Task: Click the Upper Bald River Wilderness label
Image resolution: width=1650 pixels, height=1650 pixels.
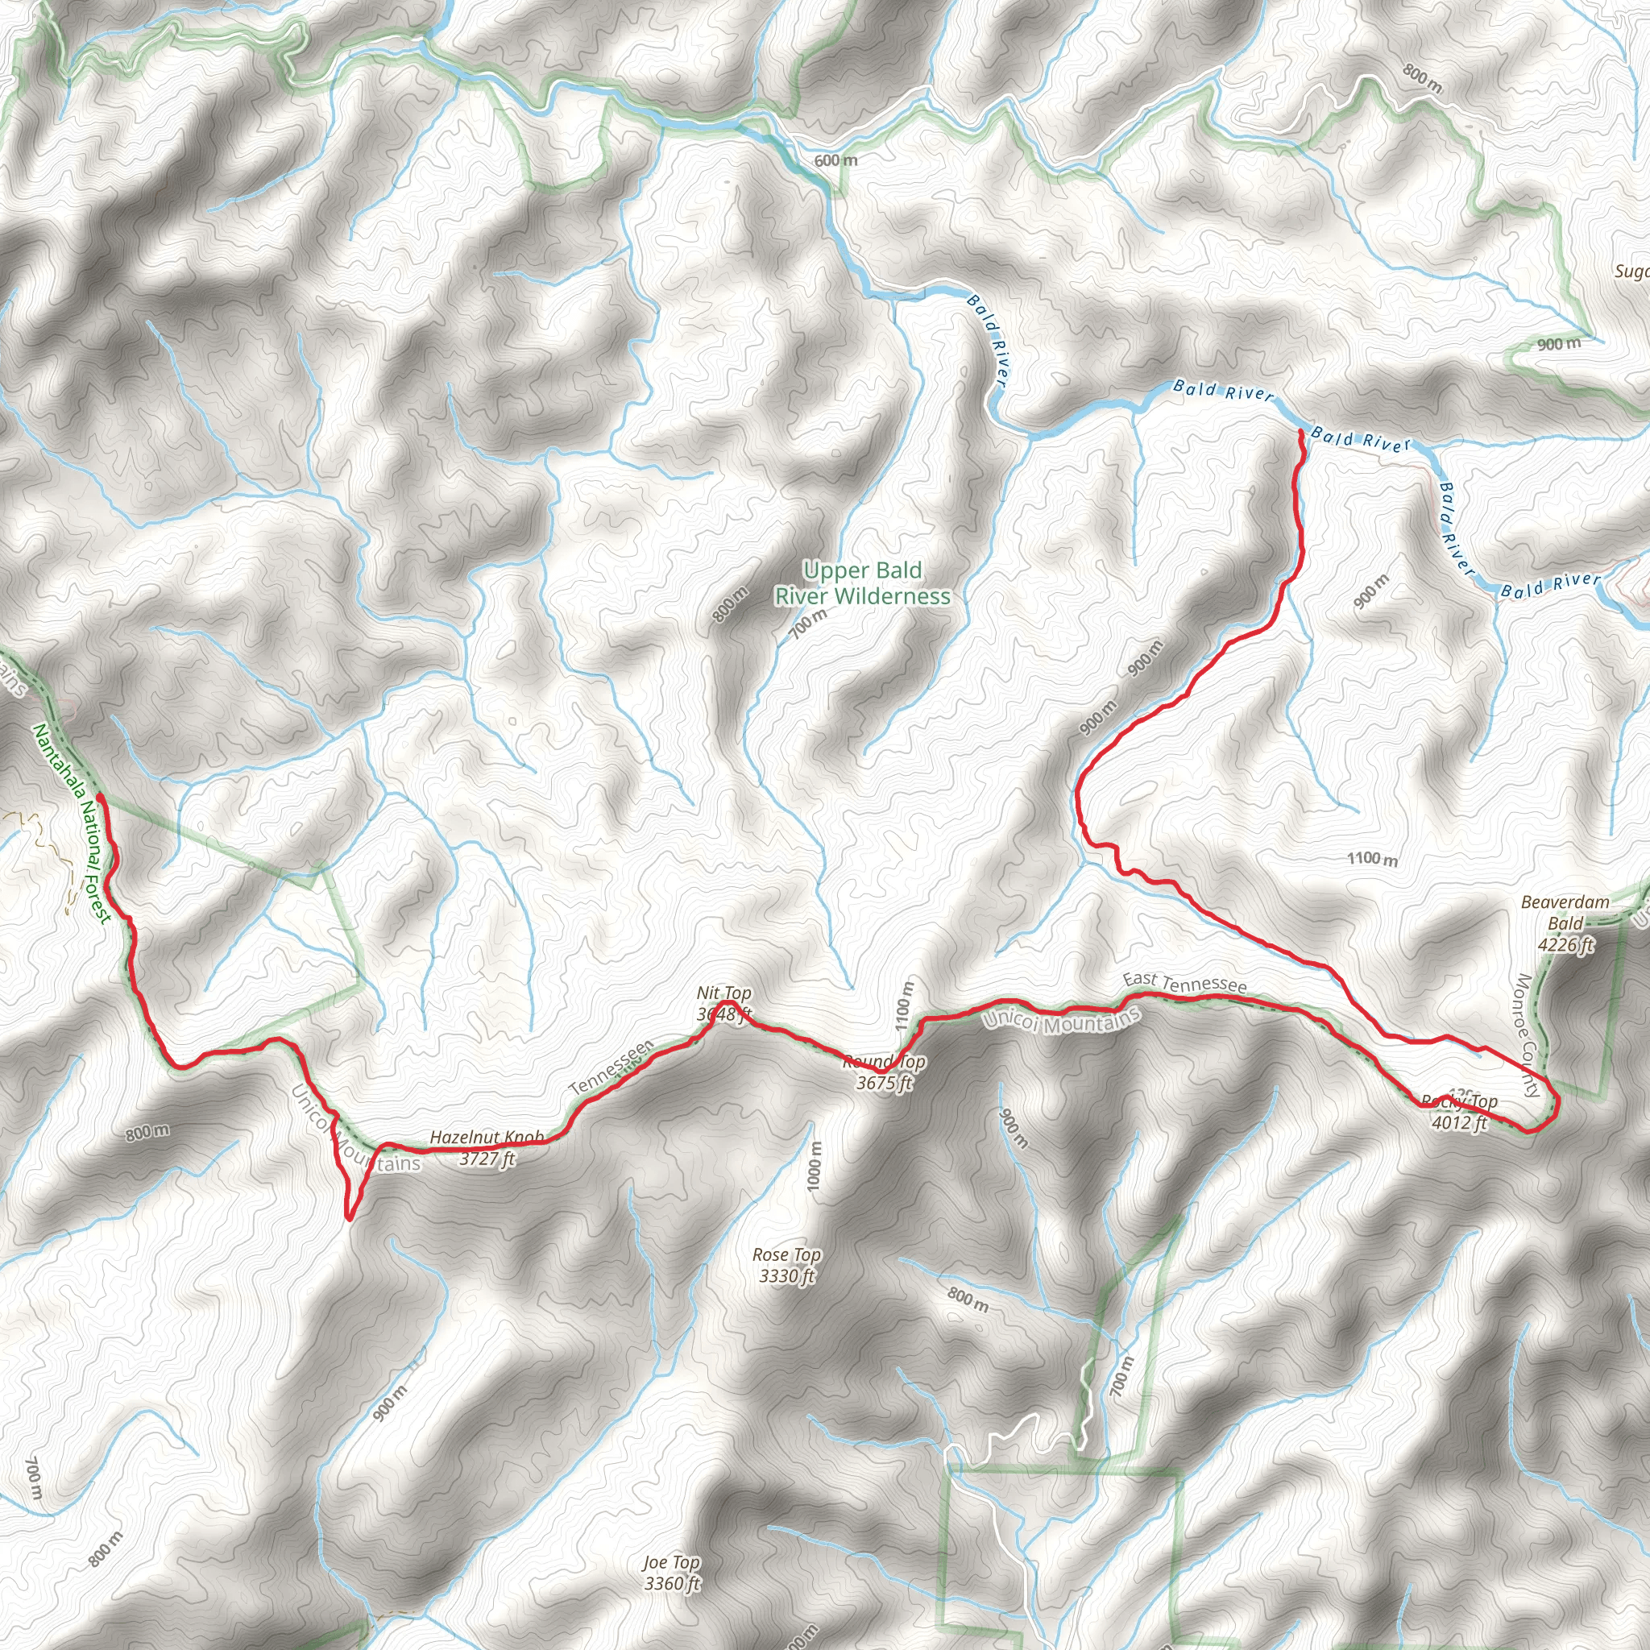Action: [862, 583]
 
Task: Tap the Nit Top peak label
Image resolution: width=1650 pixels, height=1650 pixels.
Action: [723, 1002]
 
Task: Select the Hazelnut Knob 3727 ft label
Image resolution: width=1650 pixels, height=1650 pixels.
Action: [487, 1148]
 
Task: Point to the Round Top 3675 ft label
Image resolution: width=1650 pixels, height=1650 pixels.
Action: [884, 1072]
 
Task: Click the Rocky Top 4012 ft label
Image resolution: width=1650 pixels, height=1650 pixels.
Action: [1460, 1112]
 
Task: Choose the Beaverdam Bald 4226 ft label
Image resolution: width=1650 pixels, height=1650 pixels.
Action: [1565, 923]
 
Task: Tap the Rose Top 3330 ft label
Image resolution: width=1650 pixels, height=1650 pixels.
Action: [786, 1265]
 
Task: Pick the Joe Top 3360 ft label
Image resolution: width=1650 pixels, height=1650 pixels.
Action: [672, 1573]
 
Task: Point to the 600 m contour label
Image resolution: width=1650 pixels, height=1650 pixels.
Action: [835, 160]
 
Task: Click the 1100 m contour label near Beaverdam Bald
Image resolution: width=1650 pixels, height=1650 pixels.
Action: [1372, 858]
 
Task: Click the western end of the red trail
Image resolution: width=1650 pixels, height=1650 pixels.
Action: [100, 796]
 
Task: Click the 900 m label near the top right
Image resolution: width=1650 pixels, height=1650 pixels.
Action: [1559, 344]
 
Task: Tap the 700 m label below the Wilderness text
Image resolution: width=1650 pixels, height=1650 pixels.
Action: [808, 624]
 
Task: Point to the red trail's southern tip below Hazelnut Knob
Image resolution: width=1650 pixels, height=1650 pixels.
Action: [348, 1218]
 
